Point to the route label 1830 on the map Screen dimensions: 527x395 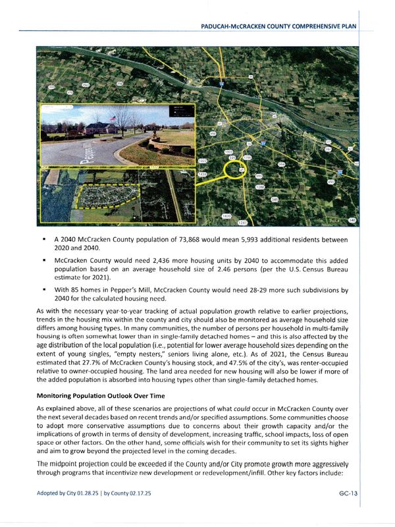pos(226,216)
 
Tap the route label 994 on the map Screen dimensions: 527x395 pos(281,164)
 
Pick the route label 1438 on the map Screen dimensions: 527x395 pos(202,175)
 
